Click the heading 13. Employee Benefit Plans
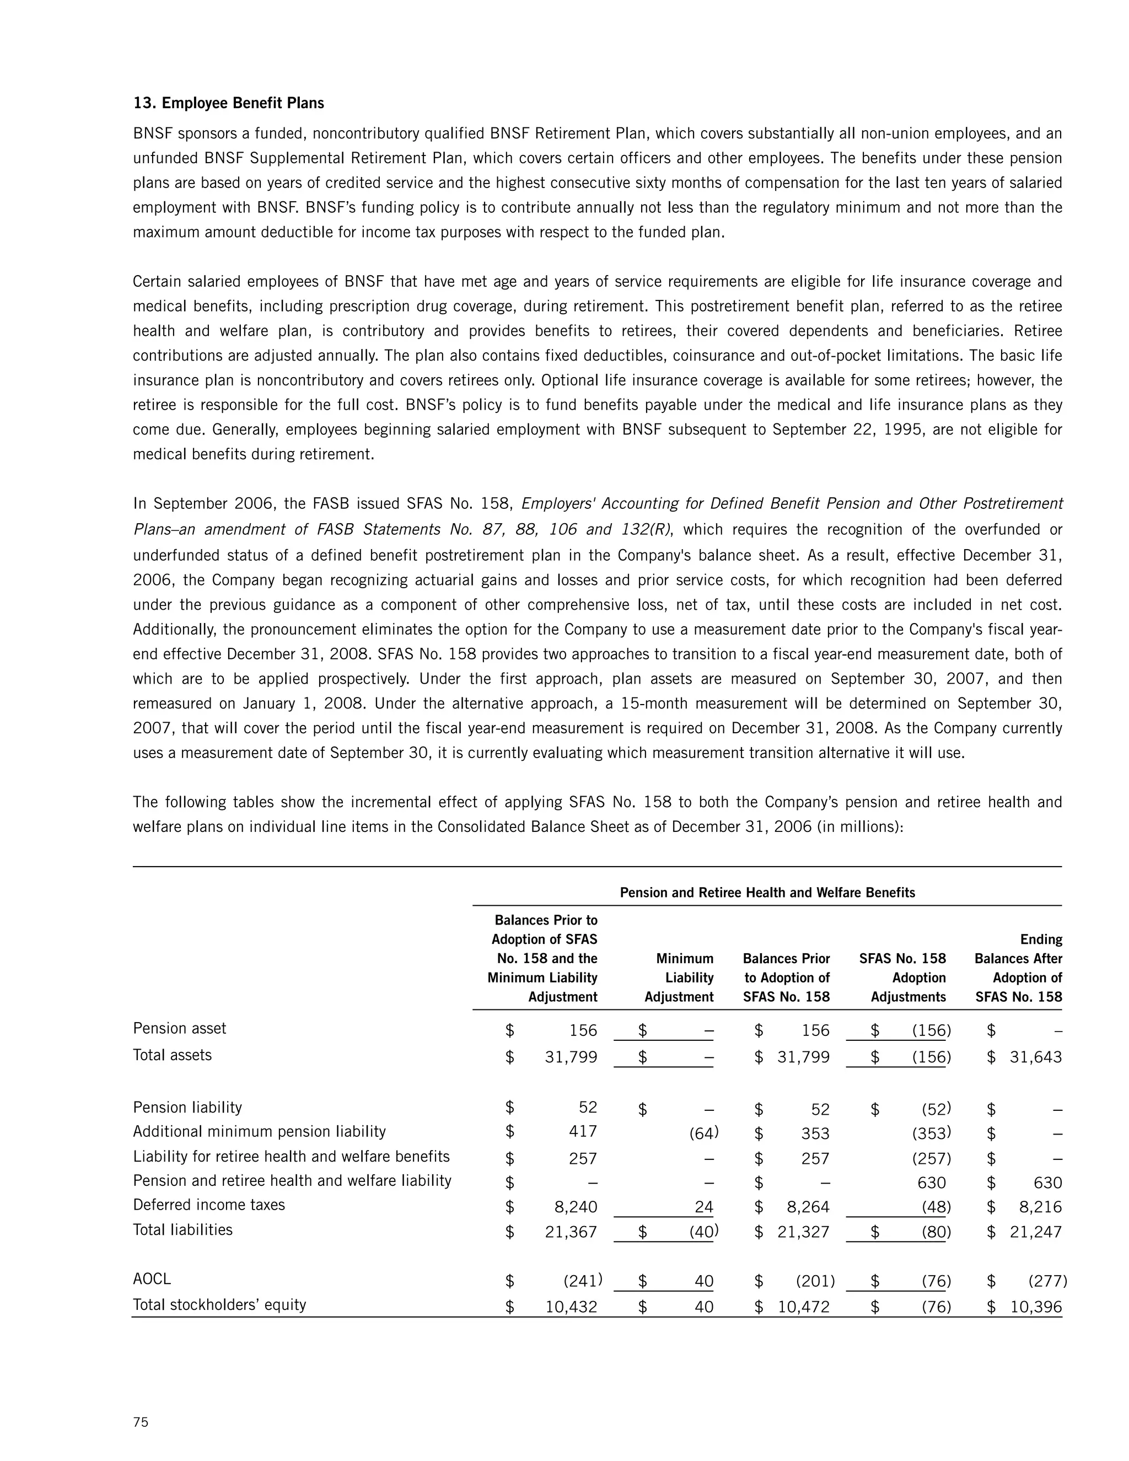tap(229, 103)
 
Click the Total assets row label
tap(172, 1055)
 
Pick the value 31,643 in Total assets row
tap(1035, 1057)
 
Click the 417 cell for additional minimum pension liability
tap(583, 1131)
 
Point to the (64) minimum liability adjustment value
tap(703, 1132)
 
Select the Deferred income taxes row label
tap(209, 1205)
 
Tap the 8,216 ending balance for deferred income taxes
tap(1035, 1207)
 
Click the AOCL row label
tap(152, 1279)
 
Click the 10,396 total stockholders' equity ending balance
tap(1035, 1307)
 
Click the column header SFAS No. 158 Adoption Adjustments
tap(903, 977)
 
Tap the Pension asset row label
tap(179, 1028)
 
